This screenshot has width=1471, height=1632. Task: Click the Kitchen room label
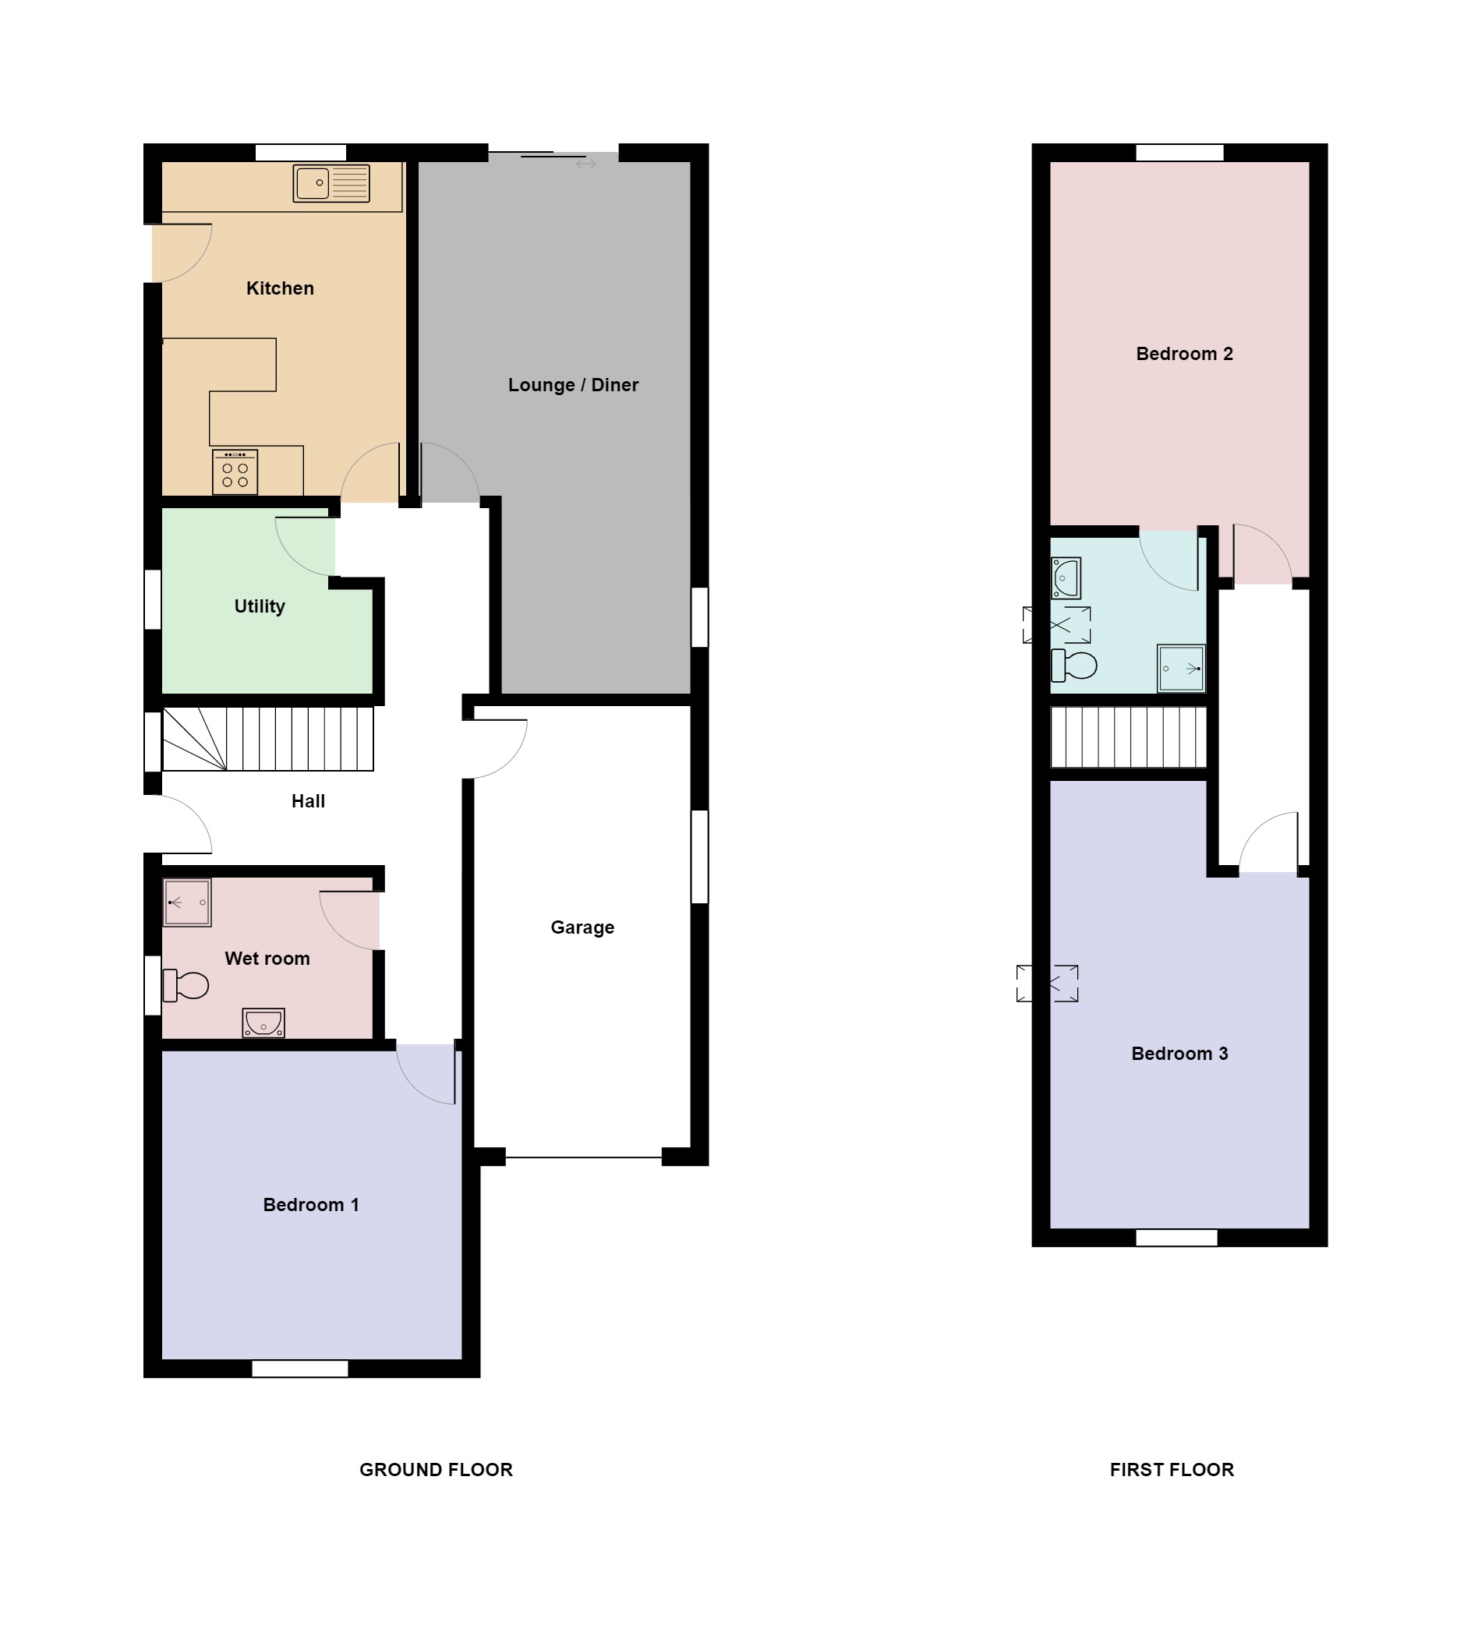280,288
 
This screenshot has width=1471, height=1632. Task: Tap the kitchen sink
331,183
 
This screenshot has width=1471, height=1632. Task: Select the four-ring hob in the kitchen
235,472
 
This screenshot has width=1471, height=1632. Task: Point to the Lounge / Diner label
573,384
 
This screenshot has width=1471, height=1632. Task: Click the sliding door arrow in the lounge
586,164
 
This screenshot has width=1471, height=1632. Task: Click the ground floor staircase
268,740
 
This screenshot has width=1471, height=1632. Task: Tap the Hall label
308,800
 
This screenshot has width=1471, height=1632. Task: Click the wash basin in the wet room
263,1023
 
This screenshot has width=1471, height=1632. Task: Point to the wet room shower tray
188,903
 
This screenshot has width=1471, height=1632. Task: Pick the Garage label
582,927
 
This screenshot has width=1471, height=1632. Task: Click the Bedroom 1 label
310,1205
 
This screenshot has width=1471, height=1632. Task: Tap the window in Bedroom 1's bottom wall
300,1368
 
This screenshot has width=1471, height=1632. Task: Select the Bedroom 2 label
1184,353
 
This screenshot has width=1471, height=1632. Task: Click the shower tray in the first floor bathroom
1181,668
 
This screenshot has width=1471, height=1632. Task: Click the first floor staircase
1128,737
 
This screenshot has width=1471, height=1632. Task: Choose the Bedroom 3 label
1179,1053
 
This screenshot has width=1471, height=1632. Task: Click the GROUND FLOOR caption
436,1470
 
